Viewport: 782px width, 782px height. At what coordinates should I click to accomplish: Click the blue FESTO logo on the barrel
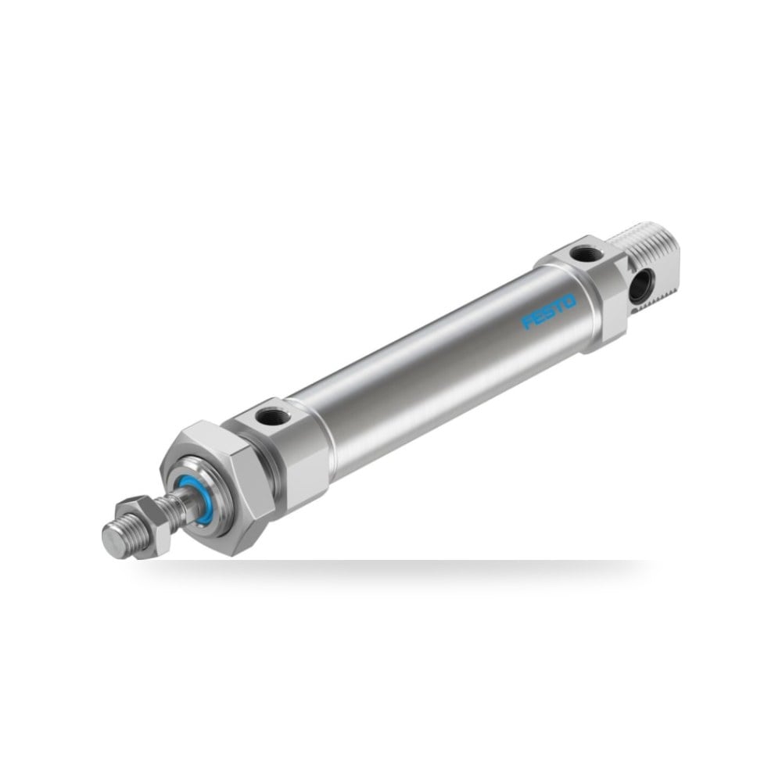(549, 312)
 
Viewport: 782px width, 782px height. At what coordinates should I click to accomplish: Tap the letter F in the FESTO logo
(527, 321)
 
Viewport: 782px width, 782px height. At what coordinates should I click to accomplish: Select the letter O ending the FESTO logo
(570, 301)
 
